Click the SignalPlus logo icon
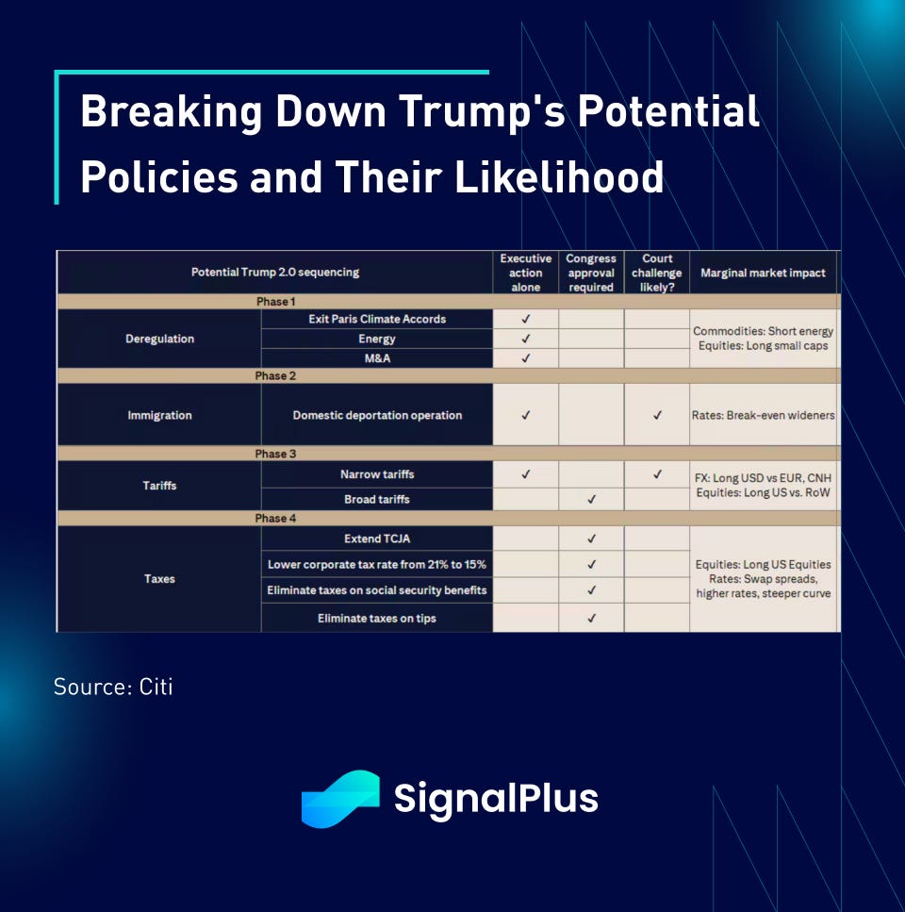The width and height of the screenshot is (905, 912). [340, 799]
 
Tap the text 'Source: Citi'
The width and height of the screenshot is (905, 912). [113, 687]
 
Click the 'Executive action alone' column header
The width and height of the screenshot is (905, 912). [525, 273]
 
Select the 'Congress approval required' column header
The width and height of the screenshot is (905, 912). [591, 273]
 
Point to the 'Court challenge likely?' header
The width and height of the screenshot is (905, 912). [657, 273]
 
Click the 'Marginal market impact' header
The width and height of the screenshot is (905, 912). [764, 273]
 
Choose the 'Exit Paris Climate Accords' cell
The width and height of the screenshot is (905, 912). [377, 319]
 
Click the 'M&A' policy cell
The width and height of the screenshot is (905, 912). [377, 358]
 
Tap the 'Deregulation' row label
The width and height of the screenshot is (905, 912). [160, 339]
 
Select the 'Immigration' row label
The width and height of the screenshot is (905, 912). [160, 415]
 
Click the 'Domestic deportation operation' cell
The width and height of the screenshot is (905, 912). [377, 415]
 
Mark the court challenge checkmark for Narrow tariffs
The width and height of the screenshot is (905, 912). [657, 474]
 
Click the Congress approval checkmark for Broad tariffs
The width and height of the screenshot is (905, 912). [592, 499]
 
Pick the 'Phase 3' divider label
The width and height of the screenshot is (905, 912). [275, 454]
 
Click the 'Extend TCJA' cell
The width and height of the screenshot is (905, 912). [377, 539]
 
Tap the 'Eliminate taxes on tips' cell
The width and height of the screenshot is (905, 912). [377, 619]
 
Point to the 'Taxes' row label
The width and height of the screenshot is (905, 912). [160, 579]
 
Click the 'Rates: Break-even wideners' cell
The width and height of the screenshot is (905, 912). [764, 415]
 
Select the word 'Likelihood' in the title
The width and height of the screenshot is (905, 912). [559, 176]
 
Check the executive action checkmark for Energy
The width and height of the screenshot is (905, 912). [526, 339]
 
